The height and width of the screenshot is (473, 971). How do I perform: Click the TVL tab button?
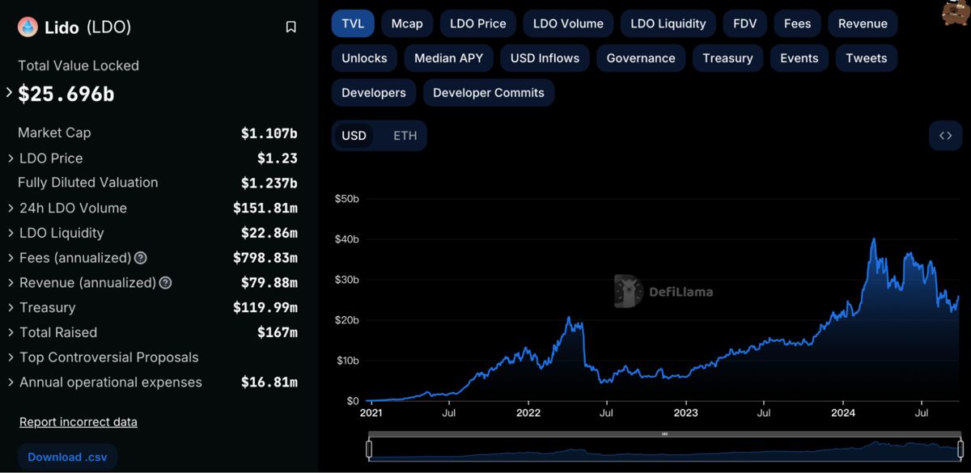(x=353, y=23)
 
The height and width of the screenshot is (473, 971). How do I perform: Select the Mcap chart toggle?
(x=407, y=23)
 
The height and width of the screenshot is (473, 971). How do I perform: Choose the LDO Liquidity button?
(x=668, y=23)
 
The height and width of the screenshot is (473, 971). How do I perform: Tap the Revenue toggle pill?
(x=863, y=23)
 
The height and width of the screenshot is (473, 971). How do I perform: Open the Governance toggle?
(x=641, y=58)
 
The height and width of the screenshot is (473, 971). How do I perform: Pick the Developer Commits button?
(x=489, y=93)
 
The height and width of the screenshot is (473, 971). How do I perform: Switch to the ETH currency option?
(x=405, y=136)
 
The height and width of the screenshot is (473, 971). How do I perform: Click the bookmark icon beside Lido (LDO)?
(x=290, y=27)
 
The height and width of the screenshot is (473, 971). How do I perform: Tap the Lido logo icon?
(x=28, y=27)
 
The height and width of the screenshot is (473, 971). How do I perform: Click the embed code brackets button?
(x=945, y=136)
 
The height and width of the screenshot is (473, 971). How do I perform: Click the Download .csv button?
(x=67, y=457)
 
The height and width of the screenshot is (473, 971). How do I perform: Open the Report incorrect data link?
(x=78, y=422)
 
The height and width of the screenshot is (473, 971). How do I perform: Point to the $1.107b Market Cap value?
(x=269, y=133)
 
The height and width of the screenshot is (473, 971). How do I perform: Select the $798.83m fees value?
(x=265, y=258)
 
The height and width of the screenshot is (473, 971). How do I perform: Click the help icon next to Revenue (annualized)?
(x=165, y=283)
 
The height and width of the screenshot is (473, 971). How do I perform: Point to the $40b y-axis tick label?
(x=347, y=239)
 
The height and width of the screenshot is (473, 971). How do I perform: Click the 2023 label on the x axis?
(x=686, y=412)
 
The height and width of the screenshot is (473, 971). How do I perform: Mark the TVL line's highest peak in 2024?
(x=873, y=239)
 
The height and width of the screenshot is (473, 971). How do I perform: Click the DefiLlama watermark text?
(x=681, y=292)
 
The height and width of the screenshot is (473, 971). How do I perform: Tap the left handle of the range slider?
(x=369, y=449)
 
